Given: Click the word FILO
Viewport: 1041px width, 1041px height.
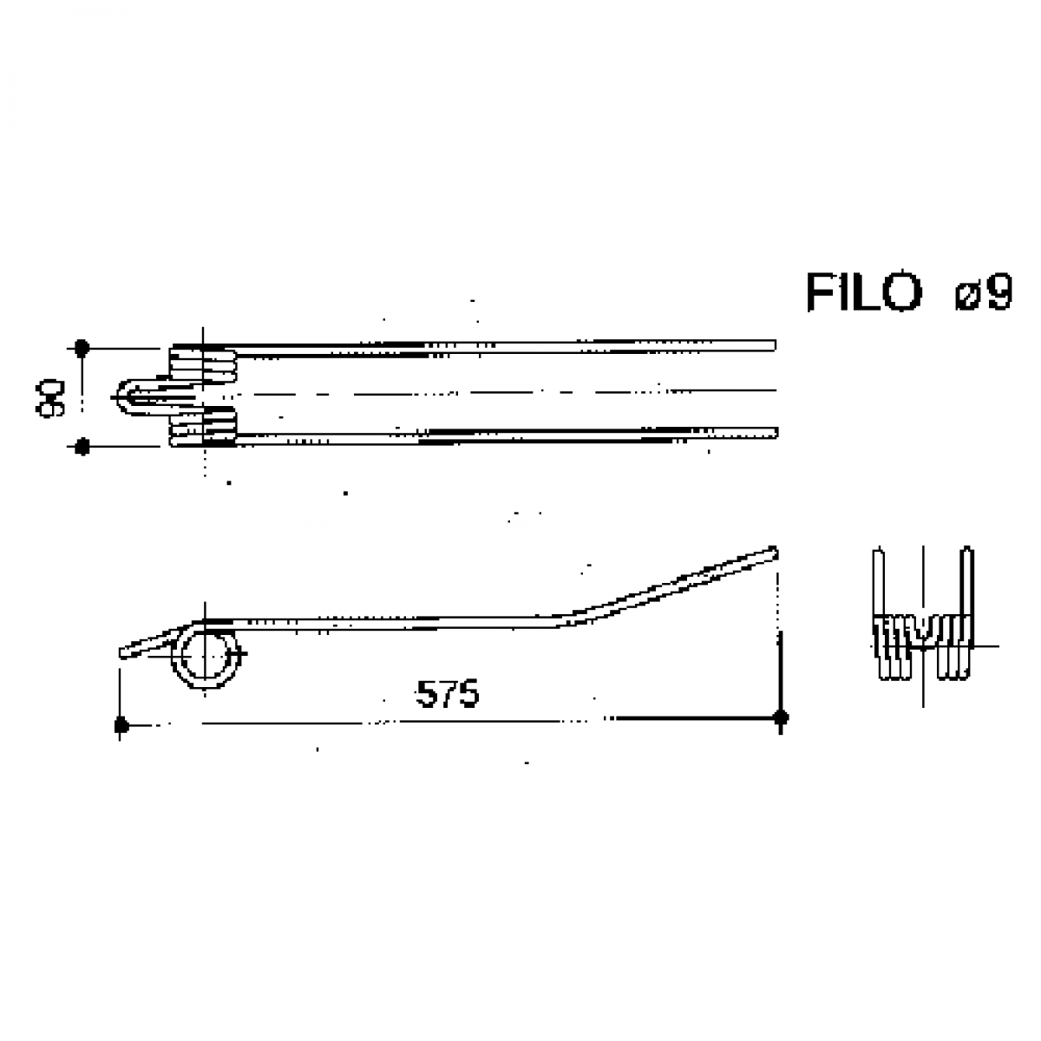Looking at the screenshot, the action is pyautogui.click(x=863, y=292).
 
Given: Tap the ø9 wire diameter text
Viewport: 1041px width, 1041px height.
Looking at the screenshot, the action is pyautogui.click(x=984, y=292).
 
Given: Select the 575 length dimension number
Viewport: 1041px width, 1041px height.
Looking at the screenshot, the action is pyautogui.click(x=448, y=694).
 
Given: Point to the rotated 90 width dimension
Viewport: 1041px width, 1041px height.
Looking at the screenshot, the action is pyautogui.click(x=50, y=397).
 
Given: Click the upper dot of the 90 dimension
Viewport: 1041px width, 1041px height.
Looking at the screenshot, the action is pyautogui.click(x=82, y=348).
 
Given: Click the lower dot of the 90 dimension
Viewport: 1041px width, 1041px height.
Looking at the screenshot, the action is pyautogui.click(x=82, y=447).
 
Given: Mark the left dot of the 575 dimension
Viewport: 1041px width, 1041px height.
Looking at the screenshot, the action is pyautogui.click(x=121, y=725).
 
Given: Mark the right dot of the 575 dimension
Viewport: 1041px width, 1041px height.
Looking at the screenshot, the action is pyautogui.click(x=781, y=718).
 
